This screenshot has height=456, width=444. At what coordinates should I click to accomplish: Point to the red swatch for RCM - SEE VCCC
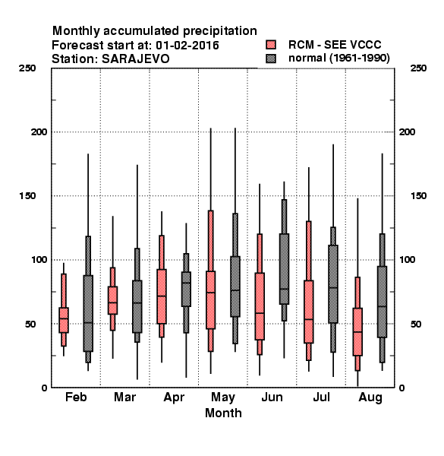[271, 45]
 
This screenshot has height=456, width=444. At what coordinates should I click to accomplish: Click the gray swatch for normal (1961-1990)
[271, 59]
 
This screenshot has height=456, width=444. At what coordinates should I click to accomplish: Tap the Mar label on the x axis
[125, 397]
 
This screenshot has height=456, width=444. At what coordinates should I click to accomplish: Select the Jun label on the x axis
[272, 397]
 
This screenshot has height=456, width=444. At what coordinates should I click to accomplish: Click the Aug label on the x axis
[370, 397]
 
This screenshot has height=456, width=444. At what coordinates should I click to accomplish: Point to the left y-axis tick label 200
[39, 131]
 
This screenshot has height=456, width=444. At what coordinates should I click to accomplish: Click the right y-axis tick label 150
[418, 196]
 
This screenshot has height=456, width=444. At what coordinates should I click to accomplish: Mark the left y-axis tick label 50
[31, 324]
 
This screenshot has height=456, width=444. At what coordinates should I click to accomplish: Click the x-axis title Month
[223, 413]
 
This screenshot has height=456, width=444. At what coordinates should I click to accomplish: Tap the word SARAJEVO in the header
[136, 59]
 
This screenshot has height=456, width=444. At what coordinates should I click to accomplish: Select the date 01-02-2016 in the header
[187, 46]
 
